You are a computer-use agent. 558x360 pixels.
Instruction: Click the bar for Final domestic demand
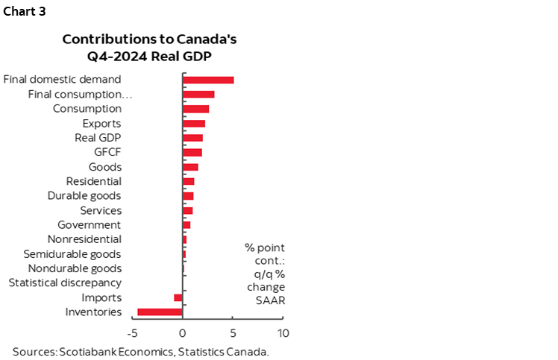208,80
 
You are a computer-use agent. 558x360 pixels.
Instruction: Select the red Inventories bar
160,312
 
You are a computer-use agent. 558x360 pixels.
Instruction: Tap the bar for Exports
194,124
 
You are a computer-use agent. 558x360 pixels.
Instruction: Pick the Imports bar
178,297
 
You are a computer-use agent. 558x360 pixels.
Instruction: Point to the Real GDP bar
192,138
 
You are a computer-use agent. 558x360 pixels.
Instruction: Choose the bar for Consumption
195,109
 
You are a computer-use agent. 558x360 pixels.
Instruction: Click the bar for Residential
189,181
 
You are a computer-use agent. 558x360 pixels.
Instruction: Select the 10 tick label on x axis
283,332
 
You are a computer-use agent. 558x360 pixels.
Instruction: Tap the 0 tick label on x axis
183,332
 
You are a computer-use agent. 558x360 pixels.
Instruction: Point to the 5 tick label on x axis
233,332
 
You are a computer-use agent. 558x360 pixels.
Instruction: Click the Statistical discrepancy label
65,282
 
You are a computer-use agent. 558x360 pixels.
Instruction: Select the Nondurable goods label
75,268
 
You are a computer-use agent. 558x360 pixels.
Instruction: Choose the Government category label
89,224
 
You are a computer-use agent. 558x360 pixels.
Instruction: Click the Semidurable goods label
72,253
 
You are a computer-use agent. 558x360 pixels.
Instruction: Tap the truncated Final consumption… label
81,94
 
